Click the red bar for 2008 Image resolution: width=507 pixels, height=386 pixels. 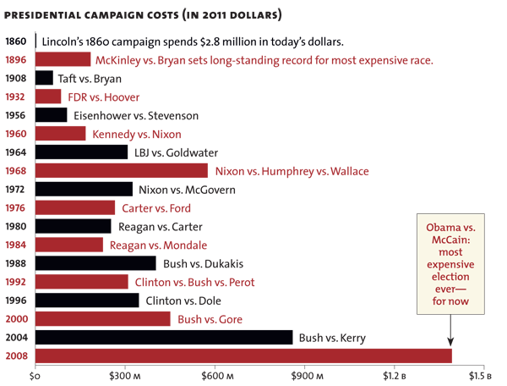click(243, 356)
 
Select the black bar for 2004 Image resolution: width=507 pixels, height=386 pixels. click(164, 337)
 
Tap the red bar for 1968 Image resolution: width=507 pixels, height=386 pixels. click(121, 170)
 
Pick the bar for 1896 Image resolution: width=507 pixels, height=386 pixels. click(63, 59)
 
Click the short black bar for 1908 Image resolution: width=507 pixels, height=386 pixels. click(44, 78)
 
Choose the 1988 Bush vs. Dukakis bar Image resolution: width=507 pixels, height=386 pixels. click(95, 263)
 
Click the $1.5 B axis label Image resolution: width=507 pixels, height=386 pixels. click(482, 375)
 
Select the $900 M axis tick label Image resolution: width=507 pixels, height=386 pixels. click(303, 375)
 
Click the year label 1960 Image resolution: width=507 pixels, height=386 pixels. click(16, 134)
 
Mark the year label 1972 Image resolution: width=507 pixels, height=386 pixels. click(16, 189)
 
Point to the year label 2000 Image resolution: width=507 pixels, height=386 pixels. click(16, 318)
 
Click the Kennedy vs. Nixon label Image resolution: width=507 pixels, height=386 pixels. click(136, 134)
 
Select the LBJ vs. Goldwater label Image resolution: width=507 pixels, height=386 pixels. click(176, 152)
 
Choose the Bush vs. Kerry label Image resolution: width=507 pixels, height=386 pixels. click(332, 338)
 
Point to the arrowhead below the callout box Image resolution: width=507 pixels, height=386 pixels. click(450, 342)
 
